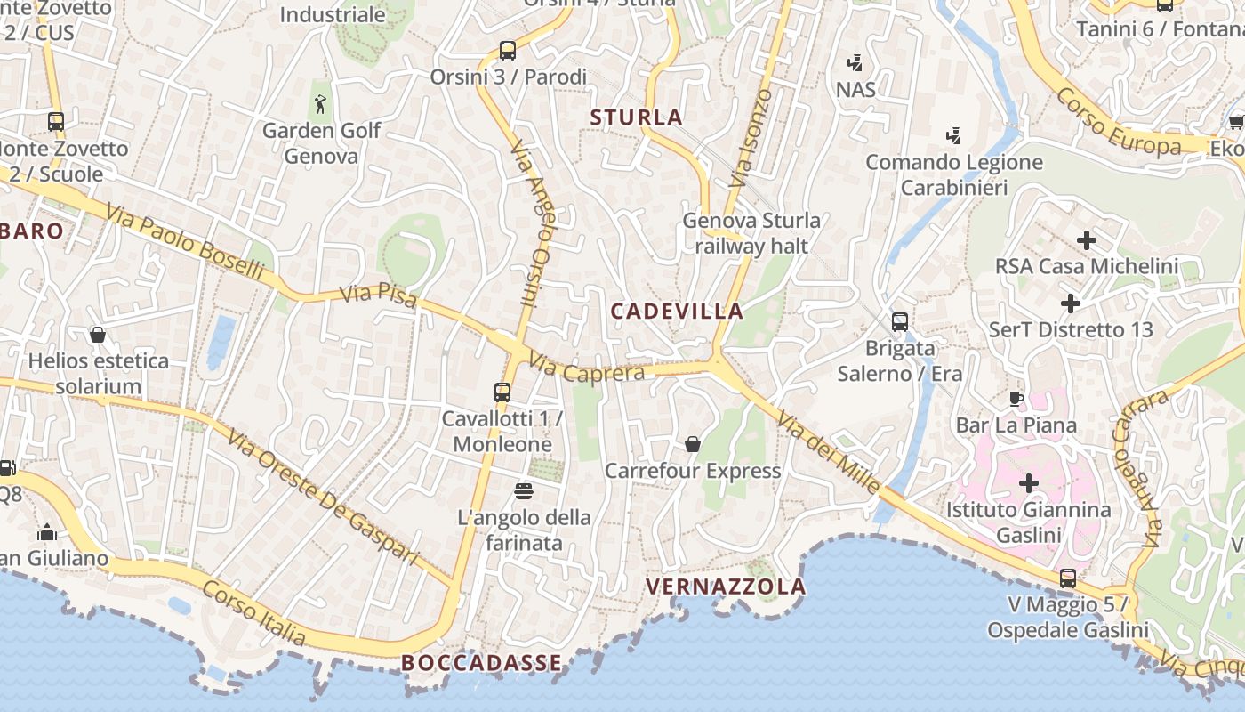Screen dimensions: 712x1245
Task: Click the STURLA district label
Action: (x=636, y=117)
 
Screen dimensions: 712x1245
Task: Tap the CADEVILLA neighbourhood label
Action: (x=678, y=311)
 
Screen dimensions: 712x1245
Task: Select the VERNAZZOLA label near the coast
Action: (x=726, y=587)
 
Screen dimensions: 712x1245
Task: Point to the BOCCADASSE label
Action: (x=481, y=663)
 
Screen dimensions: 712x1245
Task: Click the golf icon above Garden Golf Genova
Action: (x=320, y=104)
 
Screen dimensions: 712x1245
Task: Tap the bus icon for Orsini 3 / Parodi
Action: (x=508, y=51)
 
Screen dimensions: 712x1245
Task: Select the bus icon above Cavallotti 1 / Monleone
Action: (x=502, y=392)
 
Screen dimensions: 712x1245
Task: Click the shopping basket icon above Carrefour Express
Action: (x=692, y=444)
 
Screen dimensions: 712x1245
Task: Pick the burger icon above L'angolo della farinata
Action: (x=523, y=490)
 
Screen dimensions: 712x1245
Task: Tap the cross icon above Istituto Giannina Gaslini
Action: (x=1029, y=483)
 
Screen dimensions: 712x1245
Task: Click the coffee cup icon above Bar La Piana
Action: (x=1016, y=399)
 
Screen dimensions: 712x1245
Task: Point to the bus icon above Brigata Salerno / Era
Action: (x=900, y=321)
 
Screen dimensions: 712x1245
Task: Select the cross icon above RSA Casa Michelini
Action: (x=1086, y=240)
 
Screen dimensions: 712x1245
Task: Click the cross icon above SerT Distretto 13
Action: (x=1071, y=303)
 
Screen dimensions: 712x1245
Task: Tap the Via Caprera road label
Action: (x=586, y=368)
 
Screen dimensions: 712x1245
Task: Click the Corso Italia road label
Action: (x=254, y=614)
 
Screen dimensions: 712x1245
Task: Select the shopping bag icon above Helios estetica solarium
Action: (x=98, y=335)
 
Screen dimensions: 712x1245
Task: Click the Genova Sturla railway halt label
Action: (x=751, y=232)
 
